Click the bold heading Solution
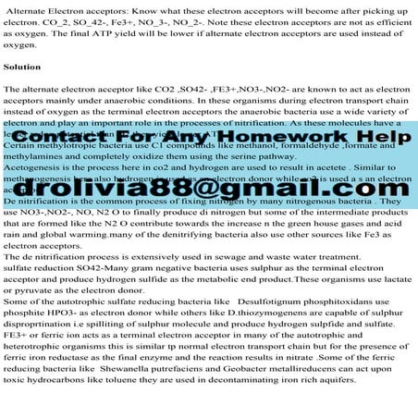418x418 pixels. click(x=22, y=68)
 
